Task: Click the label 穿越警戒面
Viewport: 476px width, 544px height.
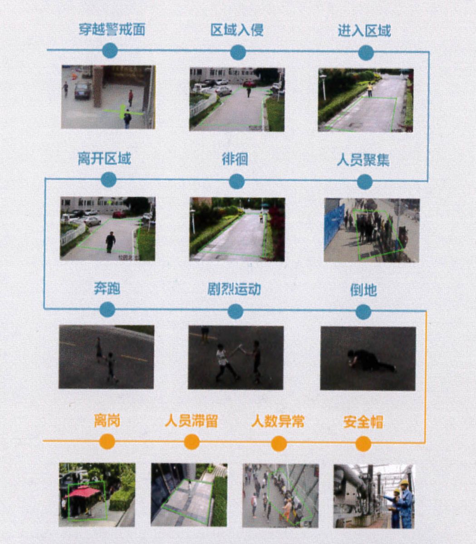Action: coord(112,29)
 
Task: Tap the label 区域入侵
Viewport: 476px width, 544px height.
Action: coord(237,30)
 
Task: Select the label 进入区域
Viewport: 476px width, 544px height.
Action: coord(364,30)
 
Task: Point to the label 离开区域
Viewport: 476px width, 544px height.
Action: coord(104,159)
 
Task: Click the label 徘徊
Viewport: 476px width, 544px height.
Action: coord(235,160)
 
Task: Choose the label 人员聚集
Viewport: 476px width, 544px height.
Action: coord(363,160)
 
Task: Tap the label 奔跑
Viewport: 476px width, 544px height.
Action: coord(107,288)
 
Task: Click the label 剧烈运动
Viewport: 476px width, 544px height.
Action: coord(234,289)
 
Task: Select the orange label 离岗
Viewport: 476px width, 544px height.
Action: coord(107,421)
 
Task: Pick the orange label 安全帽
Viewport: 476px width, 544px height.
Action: coord(363,422)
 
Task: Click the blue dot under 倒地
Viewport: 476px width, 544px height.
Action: coord(363,312)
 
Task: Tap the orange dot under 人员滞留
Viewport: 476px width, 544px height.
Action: coord(192,442)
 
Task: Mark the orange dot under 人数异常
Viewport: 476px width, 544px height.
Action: coord(279,443)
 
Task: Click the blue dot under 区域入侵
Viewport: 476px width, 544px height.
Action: coord(238,53)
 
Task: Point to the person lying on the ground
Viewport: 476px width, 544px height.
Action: coord(371,360)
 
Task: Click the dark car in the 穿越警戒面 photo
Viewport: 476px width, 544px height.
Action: coord(83,90)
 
